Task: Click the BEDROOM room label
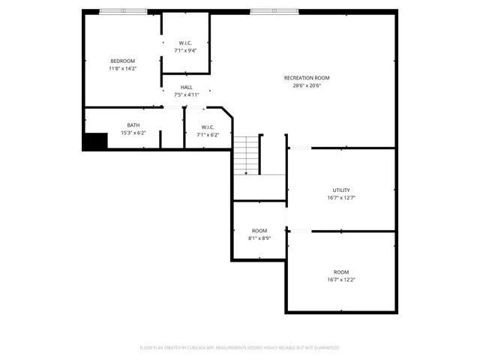[122, 61]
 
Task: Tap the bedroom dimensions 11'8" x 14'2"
[122, 68]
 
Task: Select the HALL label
[186, 88]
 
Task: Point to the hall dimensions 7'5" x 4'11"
[186, 95]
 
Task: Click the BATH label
[133, 125]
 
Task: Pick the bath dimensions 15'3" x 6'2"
[133, 133]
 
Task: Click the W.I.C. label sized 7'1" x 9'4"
[186, 43]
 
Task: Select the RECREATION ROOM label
[307, 78]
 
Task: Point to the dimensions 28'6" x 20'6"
[307, 85]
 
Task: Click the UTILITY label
[341, 190]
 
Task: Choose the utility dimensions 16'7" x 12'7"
[341, 198]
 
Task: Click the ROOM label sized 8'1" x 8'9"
[259, 230]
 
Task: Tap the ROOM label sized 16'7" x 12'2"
[341, 272]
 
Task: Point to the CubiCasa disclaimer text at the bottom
[239, 347]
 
